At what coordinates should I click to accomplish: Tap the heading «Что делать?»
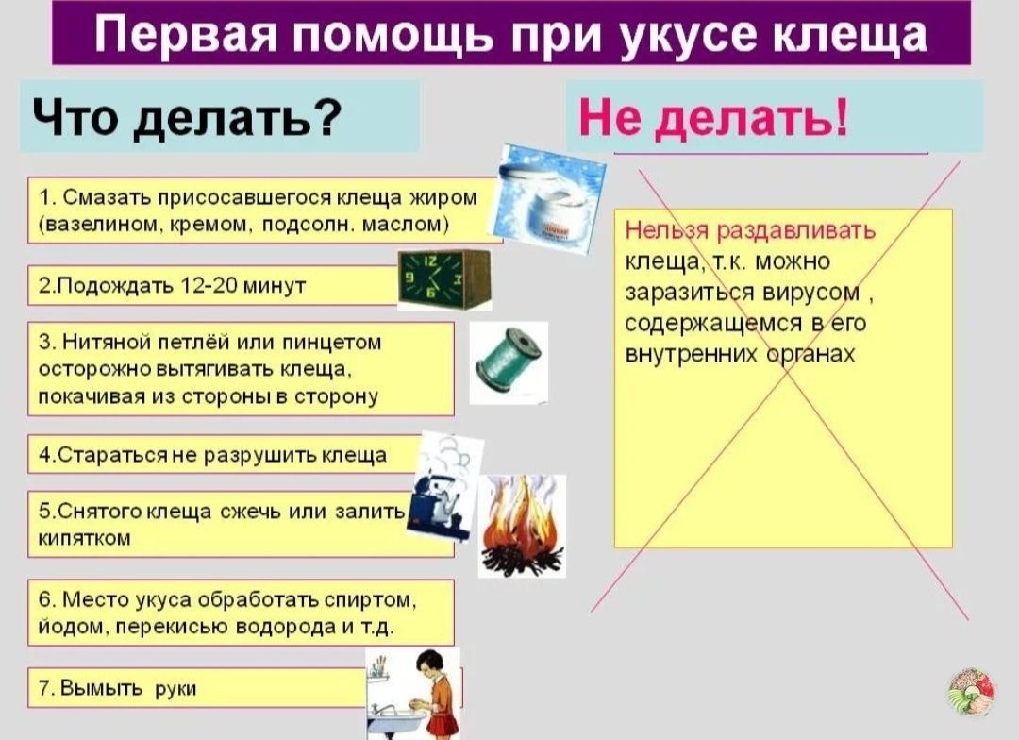[x=185, y=117]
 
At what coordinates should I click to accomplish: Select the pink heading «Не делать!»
[x=713, y=119]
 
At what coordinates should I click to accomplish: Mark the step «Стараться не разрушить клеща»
[x=213, y=455]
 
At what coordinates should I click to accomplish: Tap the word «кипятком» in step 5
[x=85, y=537]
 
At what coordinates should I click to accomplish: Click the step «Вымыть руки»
[x=118, y=688]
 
